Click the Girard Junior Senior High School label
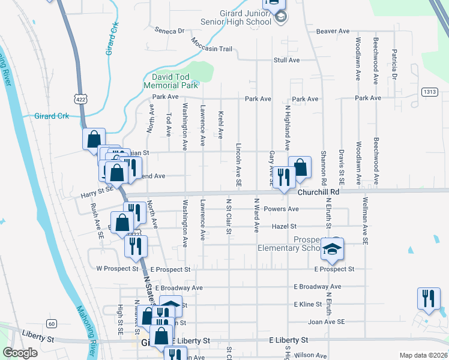click(238, 18)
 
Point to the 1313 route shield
click(429, 92)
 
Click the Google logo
click(20, 353)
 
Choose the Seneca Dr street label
click(169, 30)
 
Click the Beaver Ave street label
click(333, 31)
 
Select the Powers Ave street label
click(284, 209)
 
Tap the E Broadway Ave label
click(317, 287)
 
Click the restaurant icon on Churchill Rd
click(283, 176)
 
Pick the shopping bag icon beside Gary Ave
click(300, 167)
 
